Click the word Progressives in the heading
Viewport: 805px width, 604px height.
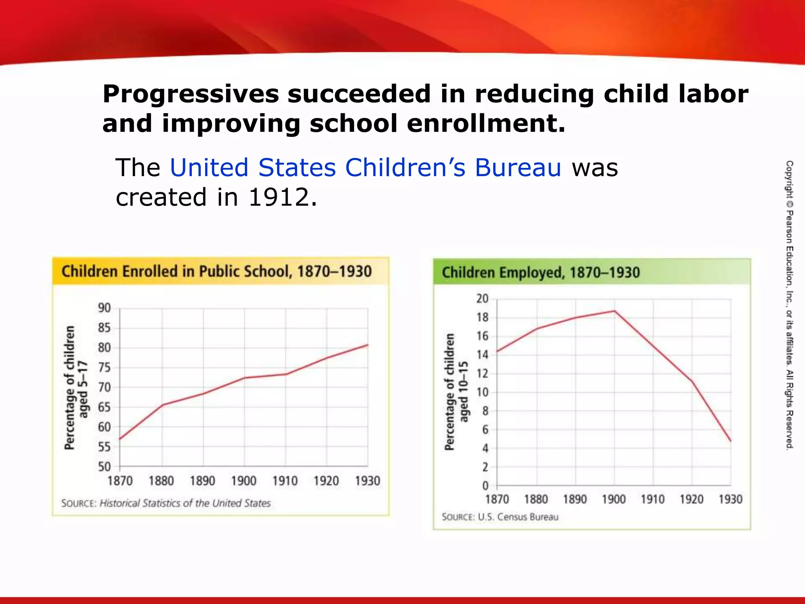point(191,94)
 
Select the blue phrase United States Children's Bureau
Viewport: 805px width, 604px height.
point(366,168)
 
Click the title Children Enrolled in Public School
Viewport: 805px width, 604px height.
point(216,271)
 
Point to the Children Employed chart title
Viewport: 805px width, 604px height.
point(541,273)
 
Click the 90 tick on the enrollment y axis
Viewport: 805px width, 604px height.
point(105,308)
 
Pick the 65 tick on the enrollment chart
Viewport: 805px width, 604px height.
point(105,407)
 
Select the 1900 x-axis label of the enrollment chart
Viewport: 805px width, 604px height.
point(244,481)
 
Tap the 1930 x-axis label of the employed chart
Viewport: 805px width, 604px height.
point(730,499)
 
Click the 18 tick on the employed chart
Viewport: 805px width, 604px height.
point(483,317)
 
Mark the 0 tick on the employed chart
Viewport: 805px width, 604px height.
point(486,486)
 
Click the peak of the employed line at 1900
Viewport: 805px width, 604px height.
point(614,311)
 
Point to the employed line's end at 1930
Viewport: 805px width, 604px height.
point(731,441)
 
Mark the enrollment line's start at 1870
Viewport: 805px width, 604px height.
point(120,439)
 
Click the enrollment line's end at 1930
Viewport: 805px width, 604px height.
point(368,345)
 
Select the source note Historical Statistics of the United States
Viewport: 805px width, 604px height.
point(185,503)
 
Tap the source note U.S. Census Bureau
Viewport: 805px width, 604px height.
point(518,517)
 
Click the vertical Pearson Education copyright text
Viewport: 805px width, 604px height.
point(789,305)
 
